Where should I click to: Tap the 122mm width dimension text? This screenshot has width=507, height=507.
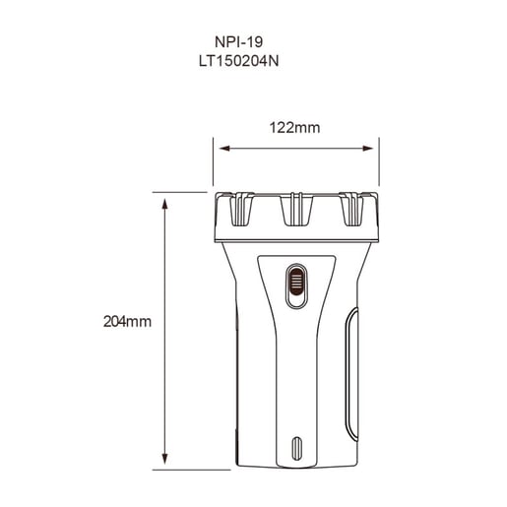click(x=294, y=127)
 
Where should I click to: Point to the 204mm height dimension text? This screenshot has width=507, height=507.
click(x=126, y=321)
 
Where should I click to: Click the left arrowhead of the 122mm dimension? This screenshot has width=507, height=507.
click(x=222, y=150)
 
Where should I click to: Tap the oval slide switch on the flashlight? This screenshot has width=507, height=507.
click(x=294, y=282)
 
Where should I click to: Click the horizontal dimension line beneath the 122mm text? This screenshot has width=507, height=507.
click(x=295, y=150)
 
